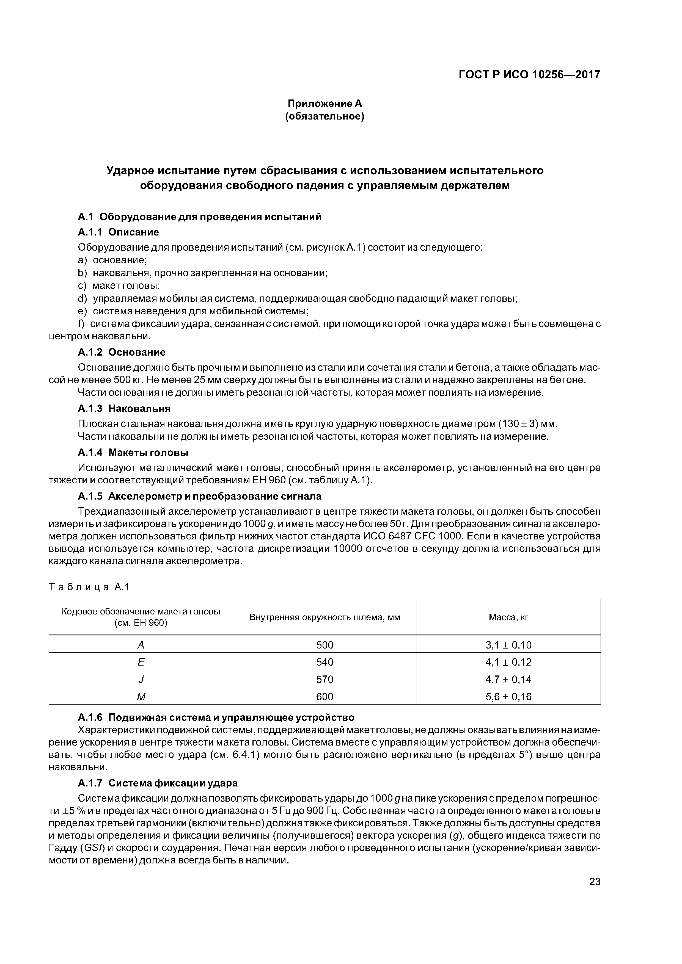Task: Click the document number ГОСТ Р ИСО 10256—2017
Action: coord(529,75)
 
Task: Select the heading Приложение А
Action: coord(324,103)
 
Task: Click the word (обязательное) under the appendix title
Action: coord(324,116)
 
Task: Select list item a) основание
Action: coord(113,260)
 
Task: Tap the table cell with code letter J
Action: coord(141,679)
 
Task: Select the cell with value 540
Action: coord(324,662)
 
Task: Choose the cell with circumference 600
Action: coord(324,697)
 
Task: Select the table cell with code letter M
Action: coord(141,697)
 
